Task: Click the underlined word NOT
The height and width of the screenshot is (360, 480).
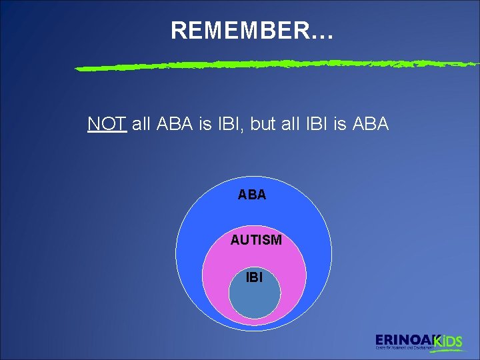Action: coord(107,124)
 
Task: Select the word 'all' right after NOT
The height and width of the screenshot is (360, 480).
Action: coord(141,124)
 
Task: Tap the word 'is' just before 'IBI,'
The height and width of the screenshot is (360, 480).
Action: coord(205,124)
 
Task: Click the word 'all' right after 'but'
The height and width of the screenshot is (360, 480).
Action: coord(293,124)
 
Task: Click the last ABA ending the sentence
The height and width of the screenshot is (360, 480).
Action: coord(370,124)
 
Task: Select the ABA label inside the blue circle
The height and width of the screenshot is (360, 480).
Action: coord(252,195)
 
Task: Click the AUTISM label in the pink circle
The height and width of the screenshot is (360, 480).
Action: coord(256,240)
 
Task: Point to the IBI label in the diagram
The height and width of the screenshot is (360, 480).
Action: coord(254,276)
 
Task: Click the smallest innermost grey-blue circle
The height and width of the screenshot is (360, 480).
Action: coord(255,300)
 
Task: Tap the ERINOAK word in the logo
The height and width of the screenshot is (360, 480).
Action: coord(404,339)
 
